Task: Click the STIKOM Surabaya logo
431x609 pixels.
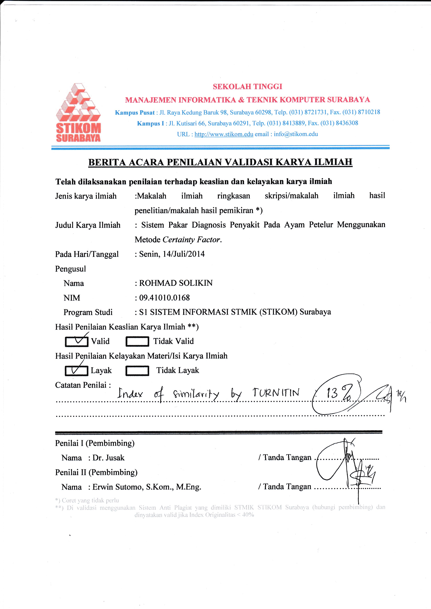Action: [78, 113]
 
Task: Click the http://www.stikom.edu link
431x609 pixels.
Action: [224, 134]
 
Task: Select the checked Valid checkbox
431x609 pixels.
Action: [76, 341]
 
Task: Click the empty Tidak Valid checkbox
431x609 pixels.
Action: [137, 341]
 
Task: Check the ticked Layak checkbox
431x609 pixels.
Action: [76, 371]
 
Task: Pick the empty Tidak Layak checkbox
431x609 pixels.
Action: [137, 371]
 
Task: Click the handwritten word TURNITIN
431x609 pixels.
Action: [276, 393]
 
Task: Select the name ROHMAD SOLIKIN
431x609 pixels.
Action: [176, 283]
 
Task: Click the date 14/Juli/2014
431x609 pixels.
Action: [184, 254]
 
